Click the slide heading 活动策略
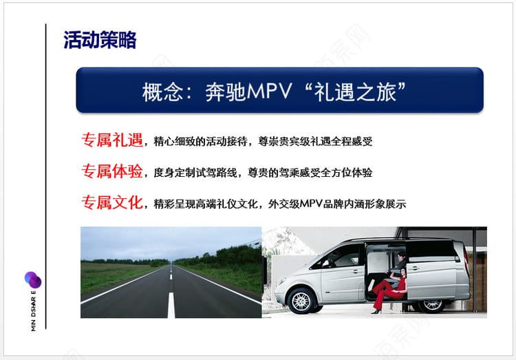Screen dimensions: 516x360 tap(100, 40)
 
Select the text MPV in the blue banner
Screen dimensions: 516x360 tap(270, 91)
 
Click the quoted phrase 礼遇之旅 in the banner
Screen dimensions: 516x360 tap(355, 92)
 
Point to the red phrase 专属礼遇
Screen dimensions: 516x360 tap(112, 140)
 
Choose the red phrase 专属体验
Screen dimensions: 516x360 tap(112, 171)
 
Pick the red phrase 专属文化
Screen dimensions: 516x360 tap(112, 202)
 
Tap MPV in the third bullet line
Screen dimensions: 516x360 tap(311, 204)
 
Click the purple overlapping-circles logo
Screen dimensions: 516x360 tap(33, 279)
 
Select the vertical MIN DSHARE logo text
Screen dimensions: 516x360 tap(33, 310)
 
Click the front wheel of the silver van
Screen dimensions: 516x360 tap(301, 301)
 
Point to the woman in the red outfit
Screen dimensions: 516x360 tap(388, 290)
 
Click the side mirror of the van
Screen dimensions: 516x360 tap(326, 264)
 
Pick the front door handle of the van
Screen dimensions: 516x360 tap(356, 272)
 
